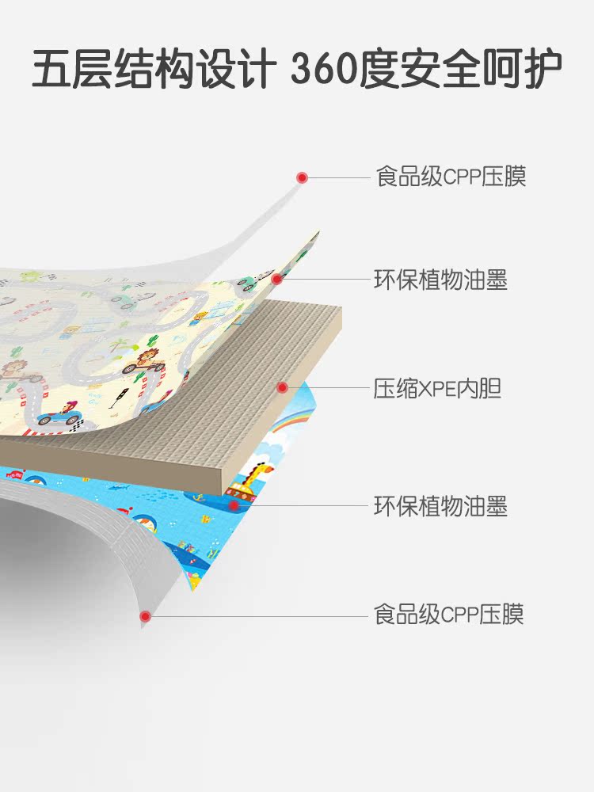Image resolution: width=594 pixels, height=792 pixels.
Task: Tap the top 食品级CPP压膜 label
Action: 451,177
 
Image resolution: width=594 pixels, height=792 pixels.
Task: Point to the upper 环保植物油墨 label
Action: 440,280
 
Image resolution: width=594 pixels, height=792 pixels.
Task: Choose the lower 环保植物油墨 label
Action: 440,505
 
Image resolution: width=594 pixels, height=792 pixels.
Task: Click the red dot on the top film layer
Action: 301,177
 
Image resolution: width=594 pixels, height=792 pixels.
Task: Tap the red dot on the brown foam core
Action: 282,387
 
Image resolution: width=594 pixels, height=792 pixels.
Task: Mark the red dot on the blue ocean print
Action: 234,505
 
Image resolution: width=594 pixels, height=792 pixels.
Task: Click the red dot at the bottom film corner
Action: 145,615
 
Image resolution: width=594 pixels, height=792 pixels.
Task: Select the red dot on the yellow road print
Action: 277,279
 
